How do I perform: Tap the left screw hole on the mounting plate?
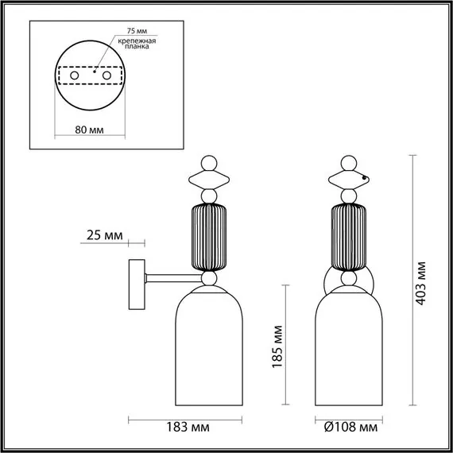click(x=75, y=75)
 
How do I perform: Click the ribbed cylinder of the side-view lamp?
click(x=208, y=237)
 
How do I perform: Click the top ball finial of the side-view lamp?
click(x=208, y=161)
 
